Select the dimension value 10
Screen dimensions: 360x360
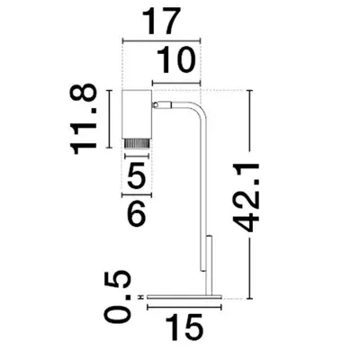pyautogui.click(x=176, y=61)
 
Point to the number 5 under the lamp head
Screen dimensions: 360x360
pyautogui.click(x=137, y=176)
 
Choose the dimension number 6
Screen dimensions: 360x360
pyautogui.click(x=137, y=214)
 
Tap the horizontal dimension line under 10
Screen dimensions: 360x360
pyautogui.click(x=177, y=83)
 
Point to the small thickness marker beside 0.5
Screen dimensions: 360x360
pyautogui.click(x=142, y=296)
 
